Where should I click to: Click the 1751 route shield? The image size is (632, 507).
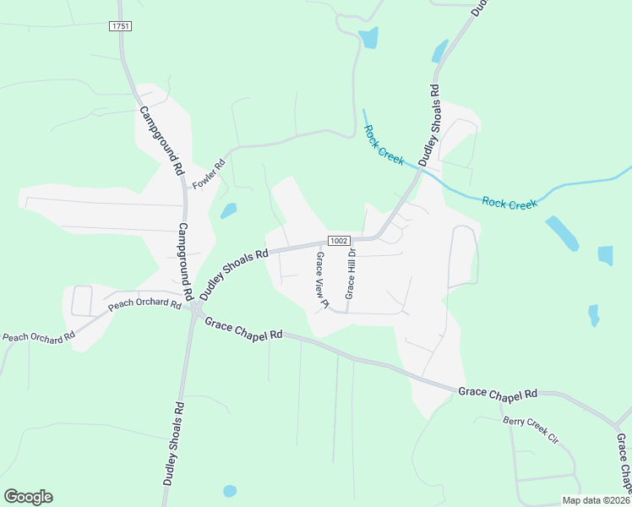click(x=119, y=27)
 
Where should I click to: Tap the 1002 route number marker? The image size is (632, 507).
click(x=339, y=241)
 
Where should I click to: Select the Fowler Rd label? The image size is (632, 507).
click(x=210, y=173)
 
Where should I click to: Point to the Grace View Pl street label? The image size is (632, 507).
click(x=321, y=280)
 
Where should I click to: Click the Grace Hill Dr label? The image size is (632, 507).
click(x=350, y=275)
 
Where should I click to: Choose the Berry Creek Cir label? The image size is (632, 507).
click(x=531, y=431)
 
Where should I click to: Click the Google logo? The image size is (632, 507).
click(x=28, y=496)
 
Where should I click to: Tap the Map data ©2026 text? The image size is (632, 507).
click(x=595, y=500)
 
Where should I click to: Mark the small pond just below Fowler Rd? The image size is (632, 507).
click(x=228, y=210)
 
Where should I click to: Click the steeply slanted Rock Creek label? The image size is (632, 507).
click(x=384, y=144)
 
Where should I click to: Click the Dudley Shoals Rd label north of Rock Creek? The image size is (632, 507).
click(x=429, y=123)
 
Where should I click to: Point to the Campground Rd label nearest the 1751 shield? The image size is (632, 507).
click(x=161, y=139)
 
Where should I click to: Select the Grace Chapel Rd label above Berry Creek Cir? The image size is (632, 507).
click(x=499, y=394)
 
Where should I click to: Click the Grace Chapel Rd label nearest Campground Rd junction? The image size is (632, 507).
click(x=243, y=329)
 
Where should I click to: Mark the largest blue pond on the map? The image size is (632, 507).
click(x=562, y=233)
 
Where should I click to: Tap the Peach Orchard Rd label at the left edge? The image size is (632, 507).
click(x=38, y=336)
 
